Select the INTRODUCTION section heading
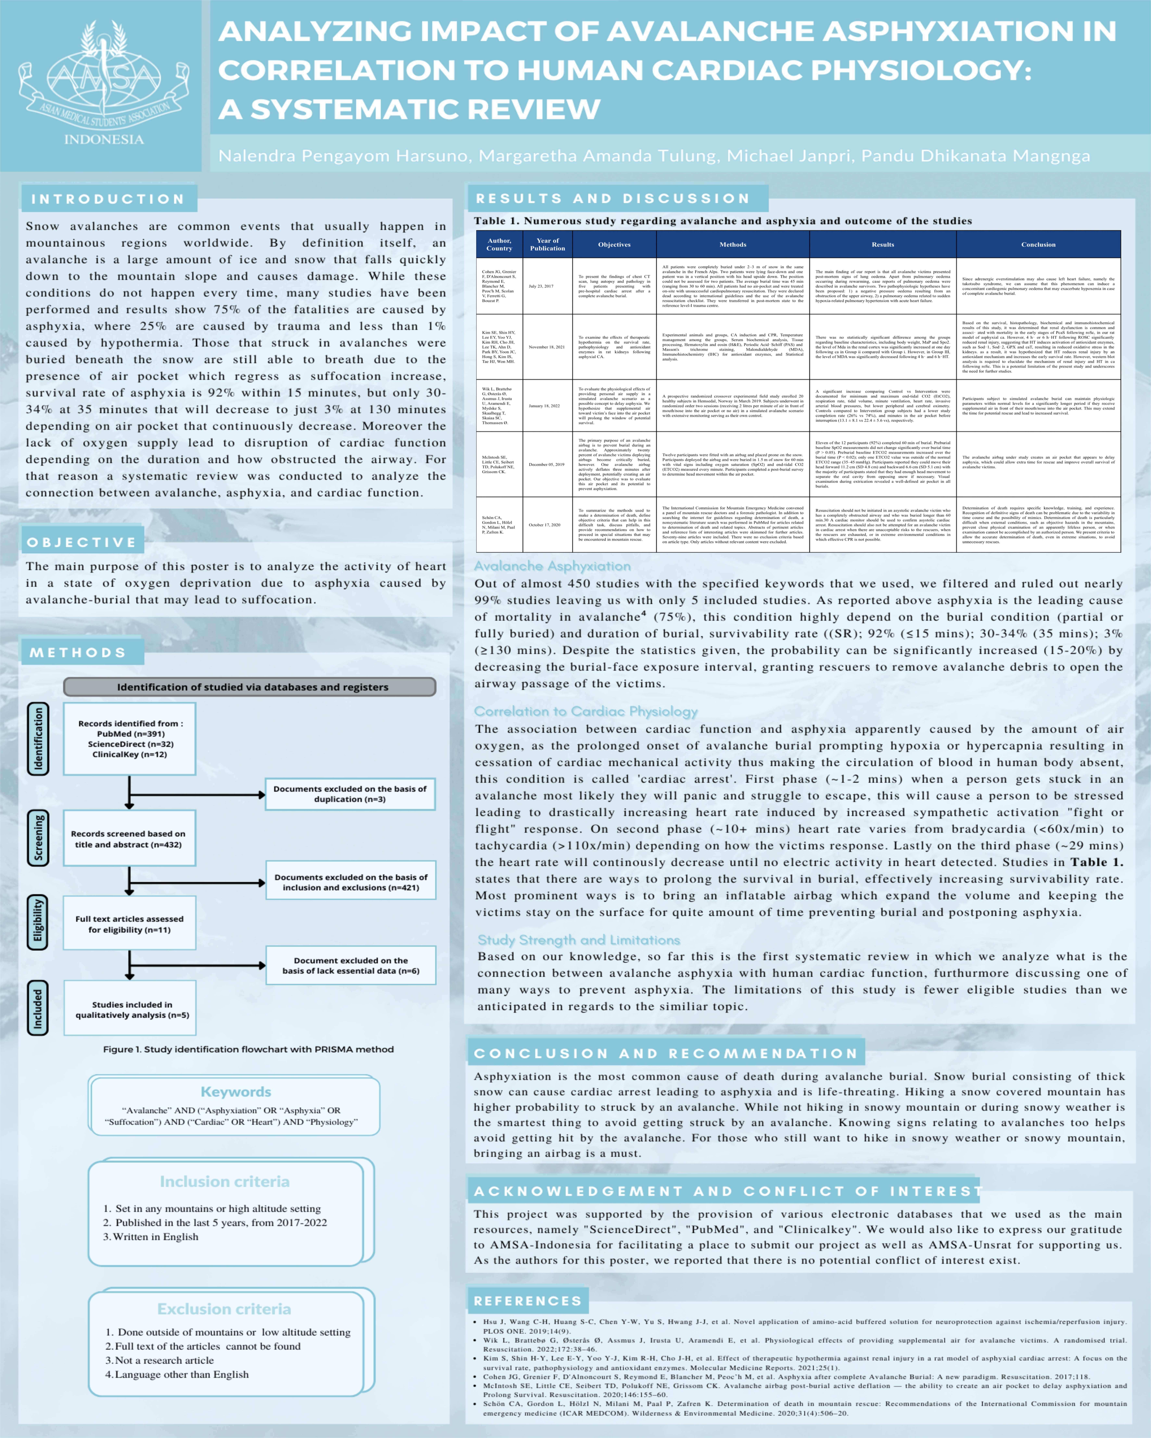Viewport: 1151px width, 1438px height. (x=108, y=199)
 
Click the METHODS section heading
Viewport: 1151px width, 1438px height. (x=78, y=652)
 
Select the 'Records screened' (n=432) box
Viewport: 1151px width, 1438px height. (x=129, y=839)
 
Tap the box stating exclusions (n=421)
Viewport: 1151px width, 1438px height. (x=350, y=882)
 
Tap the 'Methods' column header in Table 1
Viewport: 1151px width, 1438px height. (x=733, y=245)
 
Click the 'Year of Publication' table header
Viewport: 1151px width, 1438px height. (x=547, y=245)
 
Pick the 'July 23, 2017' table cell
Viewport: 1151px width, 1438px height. (x=541, y=286)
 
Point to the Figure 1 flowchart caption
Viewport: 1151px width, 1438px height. (x=248, y=1049)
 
